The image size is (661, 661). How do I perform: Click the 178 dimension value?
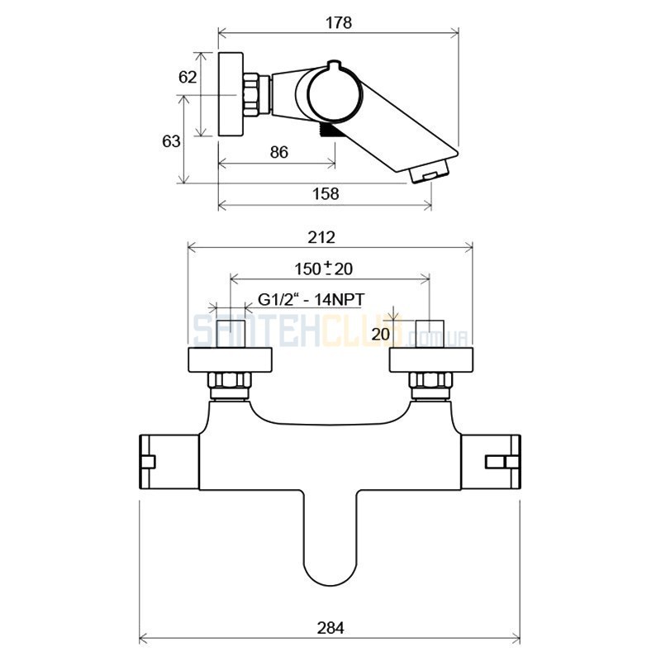click(339, 23)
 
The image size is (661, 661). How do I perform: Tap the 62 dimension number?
click(188, 77)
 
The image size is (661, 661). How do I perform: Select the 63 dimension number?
click(171, 141)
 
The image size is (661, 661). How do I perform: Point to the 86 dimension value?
click(279, 152)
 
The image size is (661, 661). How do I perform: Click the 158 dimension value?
click(326, 194)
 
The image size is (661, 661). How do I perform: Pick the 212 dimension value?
click(321, 238)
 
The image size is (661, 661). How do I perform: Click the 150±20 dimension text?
click(323, 269)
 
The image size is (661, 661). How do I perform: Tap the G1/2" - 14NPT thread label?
click(311, 300)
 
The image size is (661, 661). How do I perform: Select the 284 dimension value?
click(330, 628)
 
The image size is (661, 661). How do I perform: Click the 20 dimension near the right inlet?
click(381, 335)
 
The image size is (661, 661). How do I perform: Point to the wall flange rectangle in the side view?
click(231, 94)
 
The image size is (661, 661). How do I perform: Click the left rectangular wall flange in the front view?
click(230, 360)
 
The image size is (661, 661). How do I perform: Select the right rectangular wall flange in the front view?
click(430, 360)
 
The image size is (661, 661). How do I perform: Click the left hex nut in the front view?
click(230, 380)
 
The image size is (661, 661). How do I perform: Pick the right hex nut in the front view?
click(430, 380)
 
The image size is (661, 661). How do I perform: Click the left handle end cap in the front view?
click(147, 462)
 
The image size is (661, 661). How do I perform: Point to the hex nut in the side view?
click(251, 94)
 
